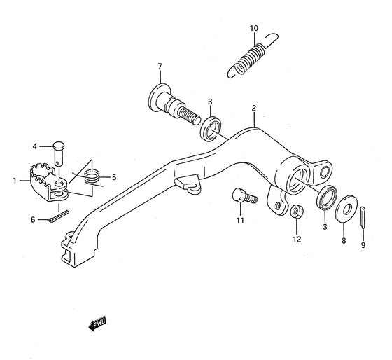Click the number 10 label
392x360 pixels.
tap(254, 28)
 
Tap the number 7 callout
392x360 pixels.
tap(160, 67)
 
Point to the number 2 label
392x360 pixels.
tap(254, 109)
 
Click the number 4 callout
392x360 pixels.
tap(34, 146)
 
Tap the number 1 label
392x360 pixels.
tap(13, 181)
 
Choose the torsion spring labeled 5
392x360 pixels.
tap(90, 178)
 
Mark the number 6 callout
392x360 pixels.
tap(32, 220)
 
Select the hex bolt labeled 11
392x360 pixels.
tap(241, 198)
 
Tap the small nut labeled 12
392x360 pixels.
tap(296, 210)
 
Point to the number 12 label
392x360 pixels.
tap(297, 239)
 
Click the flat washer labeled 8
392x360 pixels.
tap(344, 212)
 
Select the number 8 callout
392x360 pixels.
tap(343, 240)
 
